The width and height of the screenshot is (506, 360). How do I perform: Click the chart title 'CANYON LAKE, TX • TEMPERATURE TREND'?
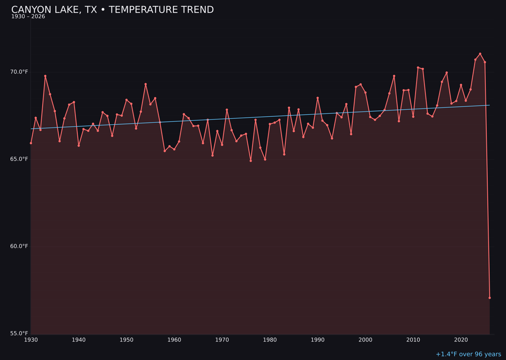[112, 10]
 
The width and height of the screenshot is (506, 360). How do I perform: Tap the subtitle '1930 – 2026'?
[28, 17]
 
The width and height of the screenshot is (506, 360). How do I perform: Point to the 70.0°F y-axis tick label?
[20, 72]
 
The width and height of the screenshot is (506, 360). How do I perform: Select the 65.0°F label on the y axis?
[20, 159]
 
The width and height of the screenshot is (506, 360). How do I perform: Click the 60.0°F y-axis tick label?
[20, 246]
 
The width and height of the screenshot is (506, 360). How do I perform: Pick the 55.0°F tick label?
[20, 333]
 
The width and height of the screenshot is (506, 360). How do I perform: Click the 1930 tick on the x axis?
[31, 340]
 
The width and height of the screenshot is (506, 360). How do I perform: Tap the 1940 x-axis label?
[79, 340]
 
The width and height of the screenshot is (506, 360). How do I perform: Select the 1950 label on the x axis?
[126, 340]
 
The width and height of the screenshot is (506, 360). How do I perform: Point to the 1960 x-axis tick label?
[174, 340]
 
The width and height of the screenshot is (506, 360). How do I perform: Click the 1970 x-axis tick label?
[222, 340]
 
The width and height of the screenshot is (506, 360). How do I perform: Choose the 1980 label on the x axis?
[270, 340]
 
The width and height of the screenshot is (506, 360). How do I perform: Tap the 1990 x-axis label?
[318, 340]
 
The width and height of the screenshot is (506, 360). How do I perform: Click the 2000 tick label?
[365, 340]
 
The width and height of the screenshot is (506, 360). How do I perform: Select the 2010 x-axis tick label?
[413, 340]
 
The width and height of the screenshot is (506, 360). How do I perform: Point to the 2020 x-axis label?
[461, 340]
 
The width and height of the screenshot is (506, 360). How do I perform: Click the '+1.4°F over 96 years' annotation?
[468, 354]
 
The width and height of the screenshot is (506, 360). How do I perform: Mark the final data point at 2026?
[490, 298]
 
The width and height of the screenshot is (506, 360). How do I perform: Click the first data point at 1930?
[31, 143]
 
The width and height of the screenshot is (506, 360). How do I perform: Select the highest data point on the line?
[480, 54]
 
